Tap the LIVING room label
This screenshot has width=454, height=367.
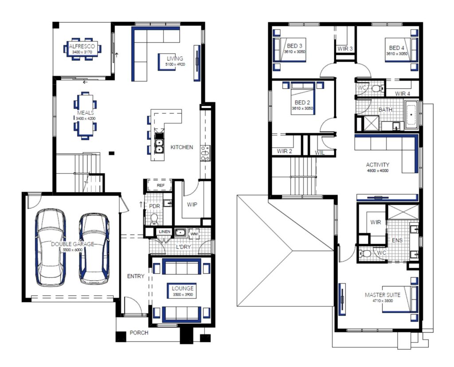175,59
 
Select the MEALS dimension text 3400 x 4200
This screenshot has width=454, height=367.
86,119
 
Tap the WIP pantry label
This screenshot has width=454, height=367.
192,205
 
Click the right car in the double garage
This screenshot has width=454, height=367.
94,248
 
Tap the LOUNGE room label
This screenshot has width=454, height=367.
183,288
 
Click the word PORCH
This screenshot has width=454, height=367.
139,333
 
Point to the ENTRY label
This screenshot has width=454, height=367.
136,276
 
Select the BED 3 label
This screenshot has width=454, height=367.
294,46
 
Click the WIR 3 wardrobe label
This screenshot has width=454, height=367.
345,48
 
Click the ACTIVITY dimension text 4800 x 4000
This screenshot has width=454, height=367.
377,170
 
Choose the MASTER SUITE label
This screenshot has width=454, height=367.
383,295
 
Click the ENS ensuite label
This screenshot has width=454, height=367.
397,240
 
